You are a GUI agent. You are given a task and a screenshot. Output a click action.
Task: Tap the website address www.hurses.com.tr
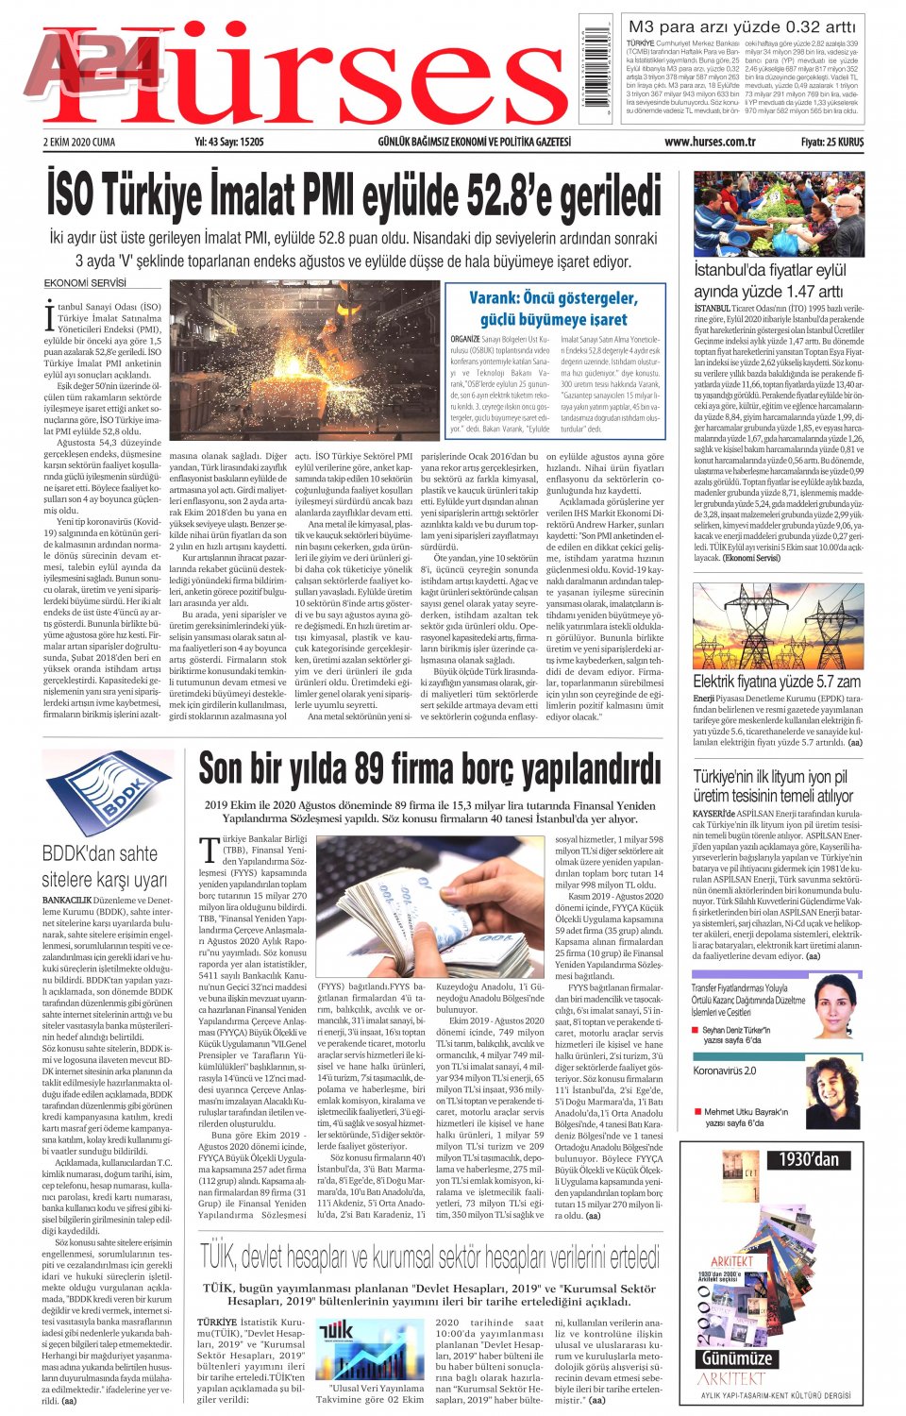coord(709,143)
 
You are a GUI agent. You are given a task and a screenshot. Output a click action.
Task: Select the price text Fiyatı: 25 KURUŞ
coord(831,143)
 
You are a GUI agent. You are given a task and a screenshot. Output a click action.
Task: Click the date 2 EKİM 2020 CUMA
coord(79,143)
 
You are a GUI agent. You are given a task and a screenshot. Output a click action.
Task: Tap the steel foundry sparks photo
coord(304,360)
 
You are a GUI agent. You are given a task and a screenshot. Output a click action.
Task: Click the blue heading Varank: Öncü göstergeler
coord(553,298)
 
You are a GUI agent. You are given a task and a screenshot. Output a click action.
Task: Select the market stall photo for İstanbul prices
coord(779,213)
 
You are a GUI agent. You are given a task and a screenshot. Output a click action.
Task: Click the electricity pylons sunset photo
coord(778,626)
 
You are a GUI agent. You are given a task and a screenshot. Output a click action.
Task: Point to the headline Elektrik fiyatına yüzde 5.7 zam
coord(776,681)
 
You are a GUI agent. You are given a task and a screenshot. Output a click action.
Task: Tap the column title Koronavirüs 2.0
coord(724,1070)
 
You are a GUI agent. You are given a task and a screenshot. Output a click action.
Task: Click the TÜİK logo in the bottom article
coord(336,1332)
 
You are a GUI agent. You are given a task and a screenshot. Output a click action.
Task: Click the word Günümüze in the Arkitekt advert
coord(737,1358)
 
